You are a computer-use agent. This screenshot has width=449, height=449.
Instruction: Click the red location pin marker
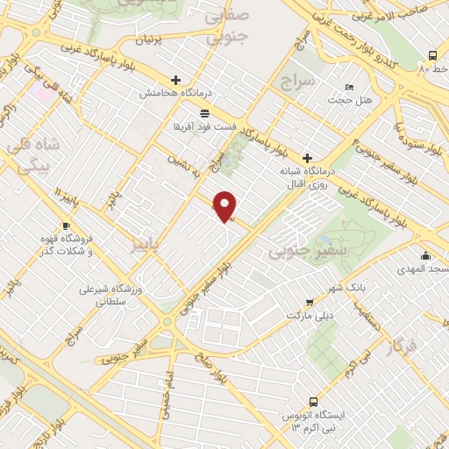click(226, 206)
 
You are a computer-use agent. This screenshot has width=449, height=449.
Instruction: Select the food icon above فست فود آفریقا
click(204, 113)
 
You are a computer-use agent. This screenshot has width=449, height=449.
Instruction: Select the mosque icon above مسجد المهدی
click(425, 256)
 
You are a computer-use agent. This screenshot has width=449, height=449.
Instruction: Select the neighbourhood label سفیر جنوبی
click(295, 253)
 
